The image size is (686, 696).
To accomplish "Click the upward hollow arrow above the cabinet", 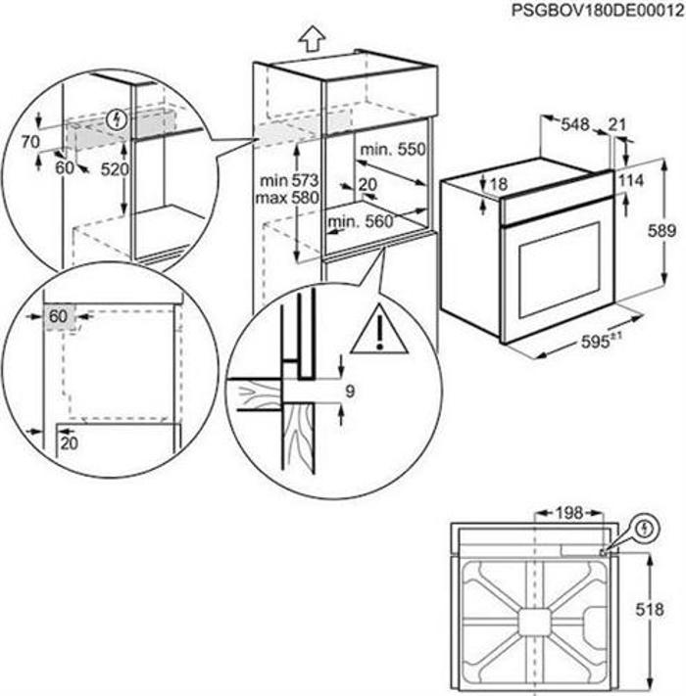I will point(311,38).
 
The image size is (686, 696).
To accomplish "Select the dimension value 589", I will point(663,231).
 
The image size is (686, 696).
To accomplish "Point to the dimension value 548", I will point(575,124).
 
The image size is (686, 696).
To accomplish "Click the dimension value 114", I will point(630,181).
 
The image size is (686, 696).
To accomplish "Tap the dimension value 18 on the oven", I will point(499,184).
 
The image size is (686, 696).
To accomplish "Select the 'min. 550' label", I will point(392,149).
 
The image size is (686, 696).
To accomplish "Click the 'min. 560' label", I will point(361,221).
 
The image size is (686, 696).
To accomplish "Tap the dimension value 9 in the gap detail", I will point(350,393).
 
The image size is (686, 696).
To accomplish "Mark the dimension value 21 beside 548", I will point(615,124).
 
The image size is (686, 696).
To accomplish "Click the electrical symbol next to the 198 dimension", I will point(643,529).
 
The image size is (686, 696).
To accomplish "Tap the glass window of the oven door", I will point(558,270).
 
